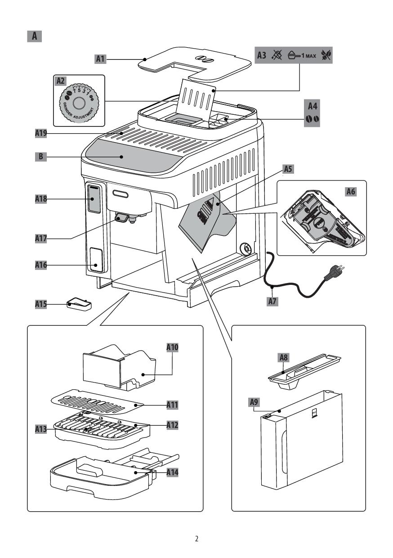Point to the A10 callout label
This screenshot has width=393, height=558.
click(x=173, y=348)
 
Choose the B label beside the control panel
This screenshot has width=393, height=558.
click(x=41, y=157)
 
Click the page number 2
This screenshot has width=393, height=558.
click(x=196, y=538)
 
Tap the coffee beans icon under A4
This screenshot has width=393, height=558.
click(x=313, y=119)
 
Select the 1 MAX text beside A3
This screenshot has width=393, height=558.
click(x=308, y=55)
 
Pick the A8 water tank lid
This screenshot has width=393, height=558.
click(x=304, y=368)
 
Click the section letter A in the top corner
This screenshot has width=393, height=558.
click(x=35, y=36)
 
